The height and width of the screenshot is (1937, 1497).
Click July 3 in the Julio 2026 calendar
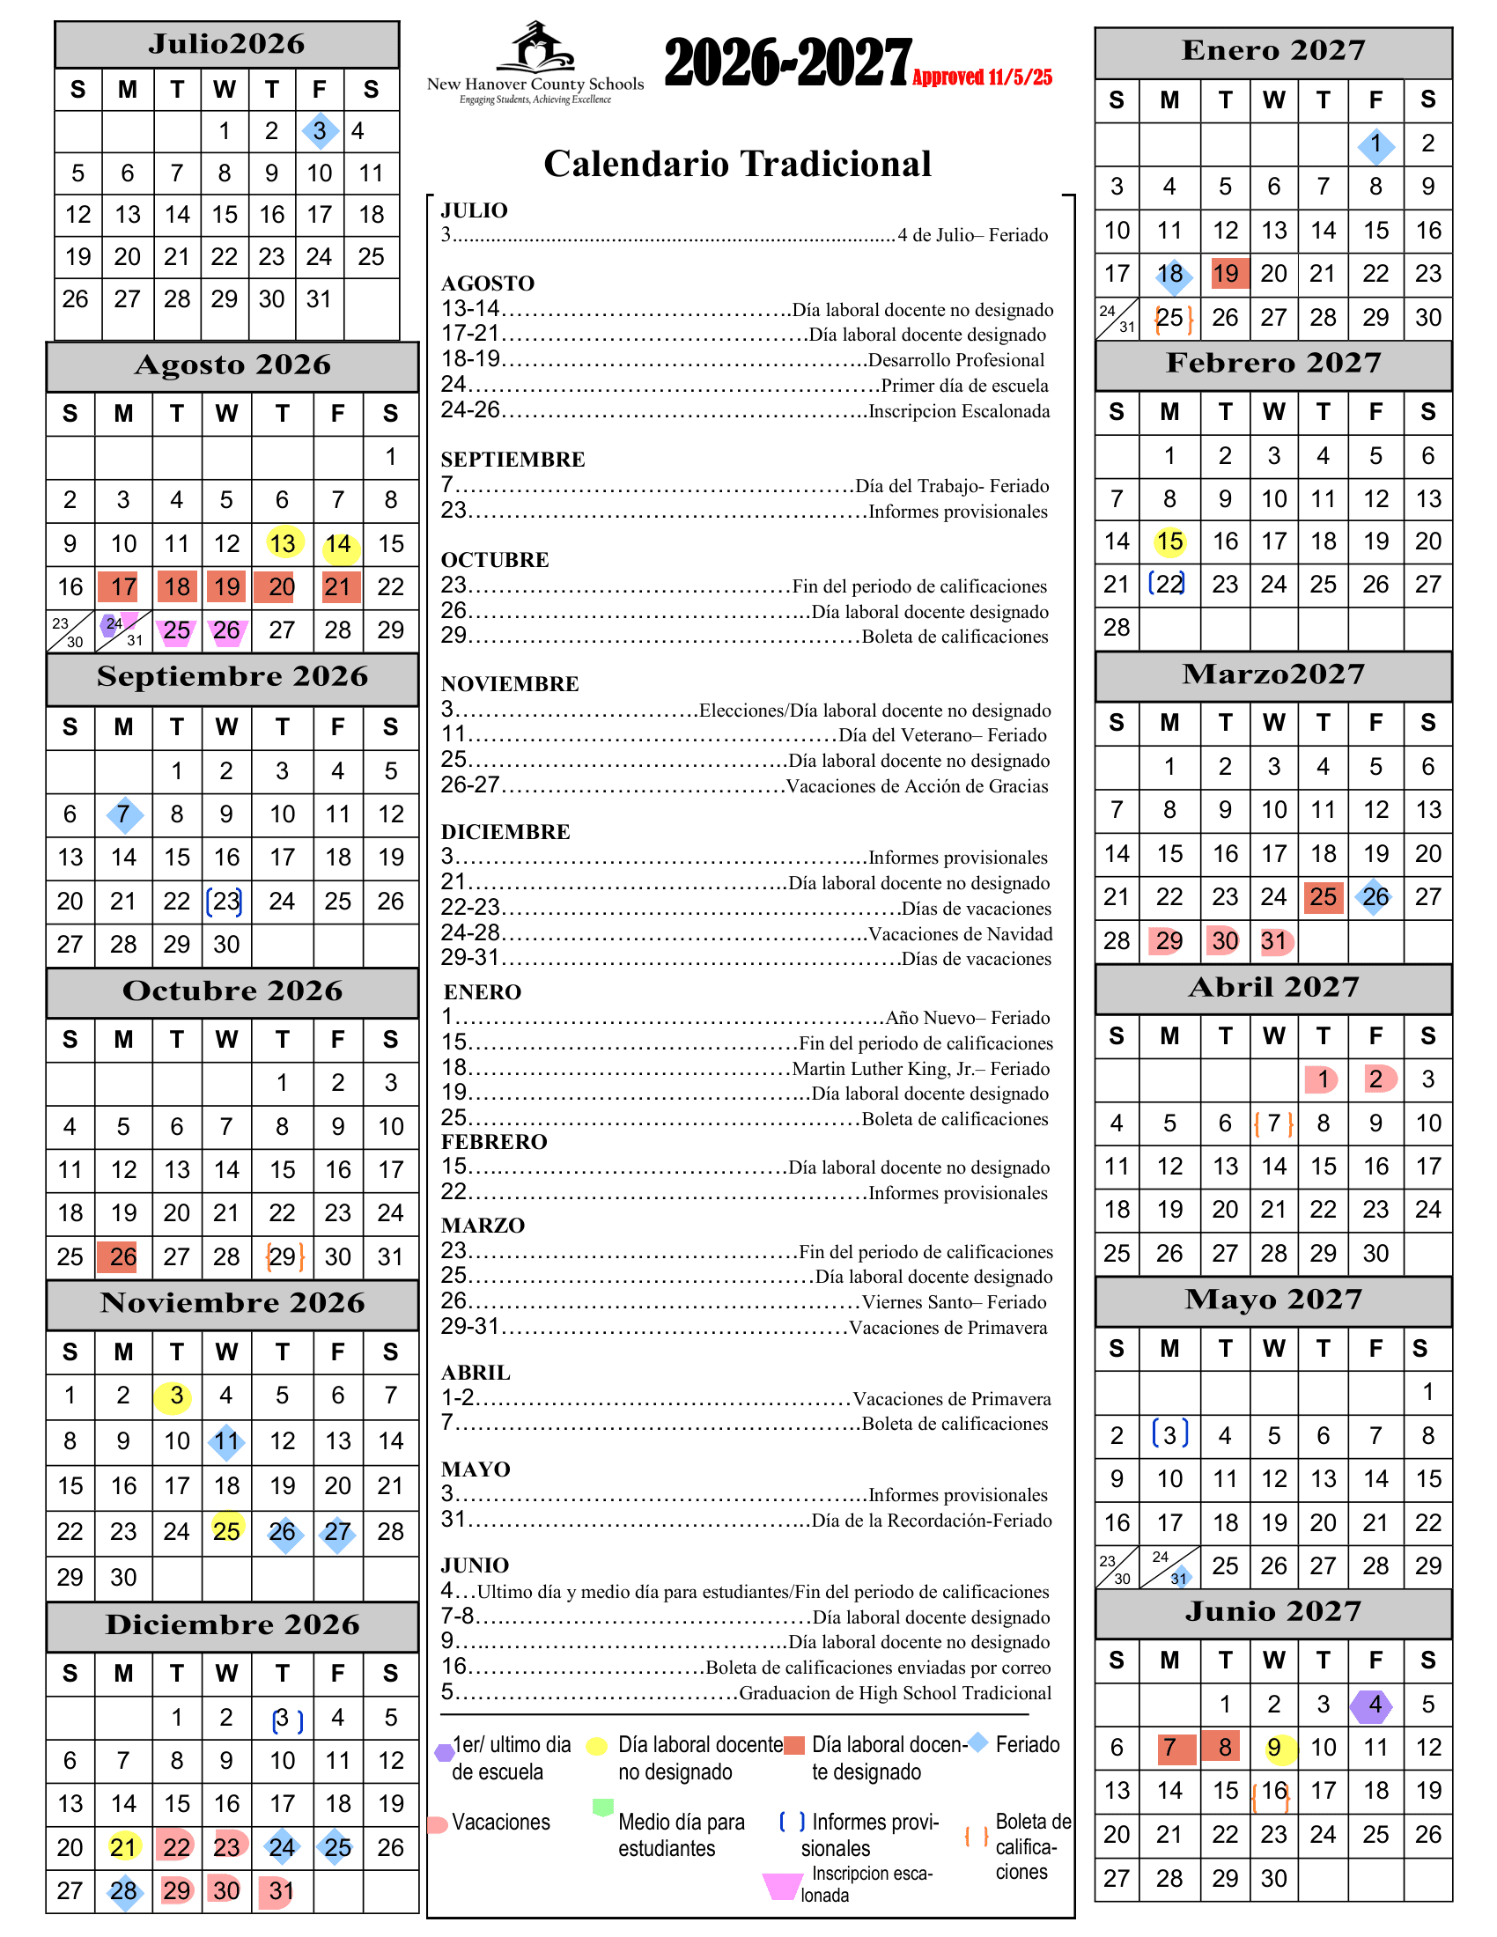320,131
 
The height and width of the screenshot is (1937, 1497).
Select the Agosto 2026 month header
232,365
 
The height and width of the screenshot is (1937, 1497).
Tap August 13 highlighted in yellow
283,542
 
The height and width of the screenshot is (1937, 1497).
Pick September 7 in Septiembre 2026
124,814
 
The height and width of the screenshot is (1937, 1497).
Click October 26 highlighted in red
122,1256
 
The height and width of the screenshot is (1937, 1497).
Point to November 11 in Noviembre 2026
226,1440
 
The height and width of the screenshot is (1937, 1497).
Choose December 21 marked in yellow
123,1846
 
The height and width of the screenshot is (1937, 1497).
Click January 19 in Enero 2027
1225,273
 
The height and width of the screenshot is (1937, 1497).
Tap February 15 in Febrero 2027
1169,541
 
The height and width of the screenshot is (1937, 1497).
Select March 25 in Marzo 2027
1323,896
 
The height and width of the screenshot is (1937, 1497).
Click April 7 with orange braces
1273,1123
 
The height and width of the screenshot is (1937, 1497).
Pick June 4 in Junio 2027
1375,1704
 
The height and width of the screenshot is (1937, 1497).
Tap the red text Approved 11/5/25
982,77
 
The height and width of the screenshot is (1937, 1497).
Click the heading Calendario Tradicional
737,164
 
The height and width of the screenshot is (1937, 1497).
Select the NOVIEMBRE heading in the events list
510,684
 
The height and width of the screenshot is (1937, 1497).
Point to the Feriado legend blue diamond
977,1742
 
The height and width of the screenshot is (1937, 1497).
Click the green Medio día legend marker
602,1807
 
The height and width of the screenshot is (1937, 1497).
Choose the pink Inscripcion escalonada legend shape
781,1886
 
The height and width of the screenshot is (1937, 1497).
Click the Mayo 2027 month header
1272,1300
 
